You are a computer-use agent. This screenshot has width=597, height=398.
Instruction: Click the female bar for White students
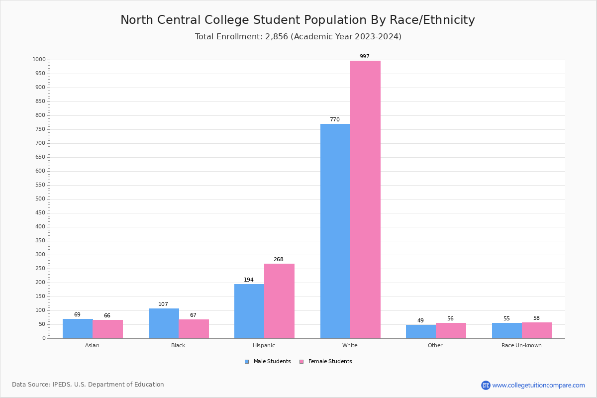click(x=365, y=199)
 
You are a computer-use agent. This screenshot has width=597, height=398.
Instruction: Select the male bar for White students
click(x=335, y=231)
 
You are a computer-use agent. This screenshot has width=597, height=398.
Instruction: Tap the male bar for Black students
click(x=164, y=323)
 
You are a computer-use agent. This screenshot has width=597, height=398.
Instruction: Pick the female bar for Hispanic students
click(x=279, y=301)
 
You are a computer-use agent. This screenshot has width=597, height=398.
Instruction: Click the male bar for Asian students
click(x=78, y=328)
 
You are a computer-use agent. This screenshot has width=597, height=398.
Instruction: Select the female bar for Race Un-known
click(x=537, y=330)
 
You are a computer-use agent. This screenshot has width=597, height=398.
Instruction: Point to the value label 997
click(x=365, y=56)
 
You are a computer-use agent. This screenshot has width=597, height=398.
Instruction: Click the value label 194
click(x=249, y=280)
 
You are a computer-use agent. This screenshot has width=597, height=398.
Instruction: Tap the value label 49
click(x=420, y=320)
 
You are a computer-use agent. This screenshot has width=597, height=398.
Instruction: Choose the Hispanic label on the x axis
click(x=264, y=345)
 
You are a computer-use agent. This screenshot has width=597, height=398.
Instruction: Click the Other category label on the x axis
click(x=435, y=345)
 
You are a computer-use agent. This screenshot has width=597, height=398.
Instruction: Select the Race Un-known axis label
click(x=521, y=345)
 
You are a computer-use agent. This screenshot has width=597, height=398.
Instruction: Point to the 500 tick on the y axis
click(x=40, y=199)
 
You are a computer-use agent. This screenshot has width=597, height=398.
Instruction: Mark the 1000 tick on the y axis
click(x=39, y=60)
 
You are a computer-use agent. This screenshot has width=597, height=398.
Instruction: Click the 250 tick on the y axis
click(x=40, y=269)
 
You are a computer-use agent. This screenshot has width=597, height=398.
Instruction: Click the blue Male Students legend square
click(x=247, y=362)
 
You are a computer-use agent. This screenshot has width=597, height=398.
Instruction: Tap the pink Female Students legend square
click(x=301, y=362)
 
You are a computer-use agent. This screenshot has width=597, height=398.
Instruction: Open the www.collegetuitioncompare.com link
click(x=538, y=385)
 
